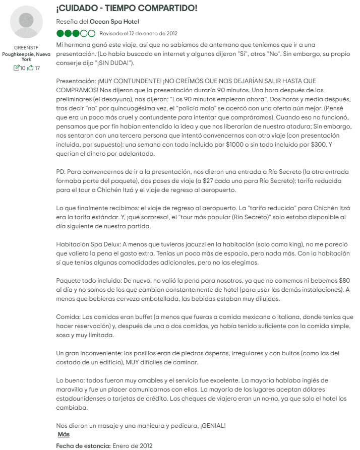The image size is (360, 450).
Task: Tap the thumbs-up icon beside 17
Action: [x=31, y=68]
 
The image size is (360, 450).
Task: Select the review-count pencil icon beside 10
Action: [x=17, y=68]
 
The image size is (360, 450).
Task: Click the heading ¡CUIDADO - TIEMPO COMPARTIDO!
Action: [x=127, y=9]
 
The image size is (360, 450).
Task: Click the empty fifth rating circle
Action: [x=91, y=34]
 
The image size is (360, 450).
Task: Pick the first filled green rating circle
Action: [x=61, y=34]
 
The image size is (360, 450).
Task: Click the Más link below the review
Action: [x=64, y=434]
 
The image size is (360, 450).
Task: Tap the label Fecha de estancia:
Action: [x=83, y=445]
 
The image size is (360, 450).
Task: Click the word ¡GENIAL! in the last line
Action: [x=213, y=426]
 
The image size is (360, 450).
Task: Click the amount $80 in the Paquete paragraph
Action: [x=347, y=281]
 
